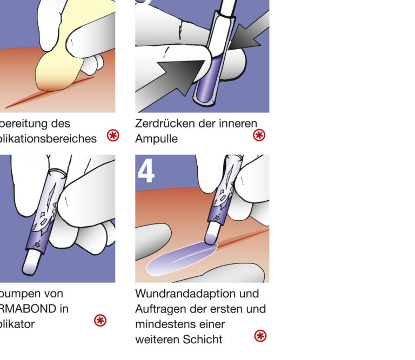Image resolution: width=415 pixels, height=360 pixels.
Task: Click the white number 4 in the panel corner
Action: [146, 171]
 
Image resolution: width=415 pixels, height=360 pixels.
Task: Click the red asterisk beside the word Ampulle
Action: [259, 135]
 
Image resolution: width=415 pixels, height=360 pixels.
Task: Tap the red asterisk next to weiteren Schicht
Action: [260, 336]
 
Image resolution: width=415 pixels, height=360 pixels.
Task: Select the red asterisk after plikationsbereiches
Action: [113, 135]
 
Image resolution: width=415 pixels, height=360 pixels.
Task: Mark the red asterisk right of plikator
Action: [100, 321]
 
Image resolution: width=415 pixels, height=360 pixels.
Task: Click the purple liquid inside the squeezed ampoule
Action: [210, 81]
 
